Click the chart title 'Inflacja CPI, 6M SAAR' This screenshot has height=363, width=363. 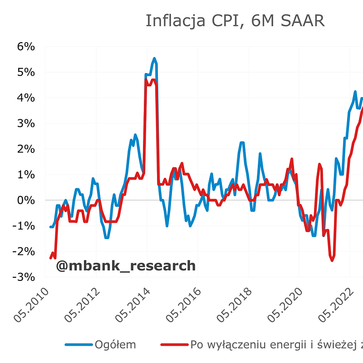235,21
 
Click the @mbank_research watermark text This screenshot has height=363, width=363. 126,265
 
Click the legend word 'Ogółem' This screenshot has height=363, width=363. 115,345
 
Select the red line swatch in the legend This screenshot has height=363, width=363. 174,345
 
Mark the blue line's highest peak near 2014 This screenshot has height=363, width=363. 154,59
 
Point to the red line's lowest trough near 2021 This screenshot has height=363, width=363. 332,260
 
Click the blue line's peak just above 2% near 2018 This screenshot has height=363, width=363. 242,142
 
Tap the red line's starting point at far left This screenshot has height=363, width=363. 51,258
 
